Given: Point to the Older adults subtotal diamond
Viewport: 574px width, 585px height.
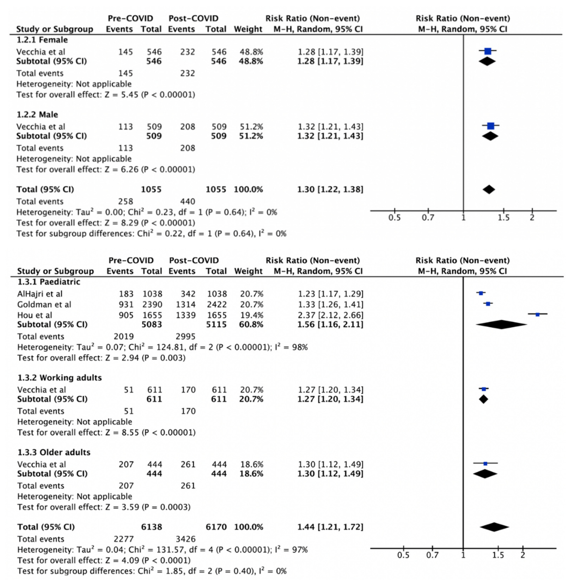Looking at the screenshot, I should point(485,474).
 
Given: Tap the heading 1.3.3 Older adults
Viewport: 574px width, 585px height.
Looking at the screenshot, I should point(54,452).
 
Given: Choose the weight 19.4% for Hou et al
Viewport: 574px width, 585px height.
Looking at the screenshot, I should point(251,315).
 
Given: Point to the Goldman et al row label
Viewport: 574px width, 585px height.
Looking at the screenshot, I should point(44,305).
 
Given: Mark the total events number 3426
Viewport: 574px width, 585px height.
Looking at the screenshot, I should point(185,539).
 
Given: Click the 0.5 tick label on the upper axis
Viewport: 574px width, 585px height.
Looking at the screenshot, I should point(394,217).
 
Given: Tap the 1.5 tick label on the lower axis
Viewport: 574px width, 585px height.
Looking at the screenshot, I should point(498,555).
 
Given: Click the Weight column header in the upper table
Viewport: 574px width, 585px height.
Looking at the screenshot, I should point(248,29).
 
